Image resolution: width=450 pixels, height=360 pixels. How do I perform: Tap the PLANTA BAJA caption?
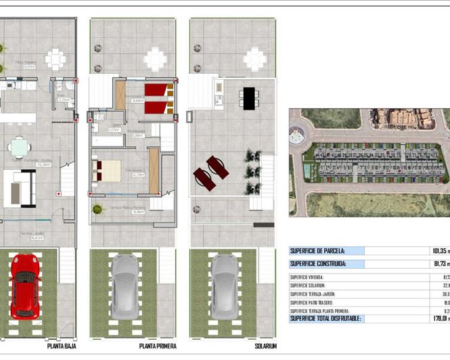[x=62, y=346]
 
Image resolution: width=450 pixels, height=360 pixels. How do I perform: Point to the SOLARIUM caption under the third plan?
[x=265, y=346]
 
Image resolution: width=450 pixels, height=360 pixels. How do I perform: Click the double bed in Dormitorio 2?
[x=106, y=170]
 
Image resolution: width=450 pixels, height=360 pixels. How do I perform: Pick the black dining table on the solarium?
[x=248, y=99]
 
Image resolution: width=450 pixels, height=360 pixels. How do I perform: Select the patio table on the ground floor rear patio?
[x=55, y=60]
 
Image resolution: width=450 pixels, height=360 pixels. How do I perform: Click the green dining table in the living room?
[x=19, y=147]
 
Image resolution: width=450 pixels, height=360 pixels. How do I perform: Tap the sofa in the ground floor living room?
[x=20, y=188]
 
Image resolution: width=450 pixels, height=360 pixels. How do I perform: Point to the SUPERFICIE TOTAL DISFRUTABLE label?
[x=325, y=318]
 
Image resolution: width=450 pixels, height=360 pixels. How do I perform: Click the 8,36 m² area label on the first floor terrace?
[x=137, y=212]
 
